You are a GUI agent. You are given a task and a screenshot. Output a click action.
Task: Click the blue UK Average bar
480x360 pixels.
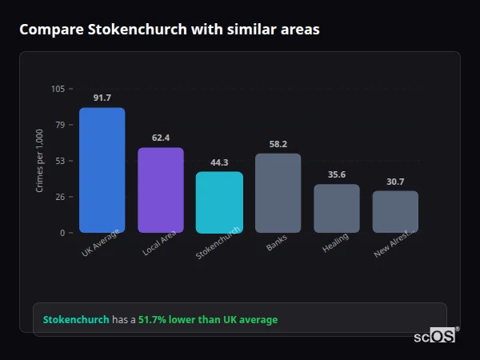(102, 170)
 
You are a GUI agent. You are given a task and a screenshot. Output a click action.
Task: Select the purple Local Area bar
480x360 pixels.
(160, 190)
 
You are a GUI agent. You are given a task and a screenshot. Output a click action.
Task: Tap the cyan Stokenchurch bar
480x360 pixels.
(219, 202)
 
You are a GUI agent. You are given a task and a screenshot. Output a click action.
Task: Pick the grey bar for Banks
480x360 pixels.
(278, 193)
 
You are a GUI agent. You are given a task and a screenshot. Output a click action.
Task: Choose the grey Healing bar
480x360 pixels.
(336, 208)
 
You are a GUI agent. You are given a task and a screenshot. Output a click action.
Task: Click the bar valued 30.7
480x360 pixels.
(395, 211)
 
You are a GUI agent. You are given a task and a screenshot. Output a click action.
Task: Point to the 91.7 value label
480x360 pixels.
(102, 98)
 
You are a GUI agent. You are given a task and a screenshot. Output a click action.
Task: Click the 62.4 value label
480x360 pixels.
(160, 138)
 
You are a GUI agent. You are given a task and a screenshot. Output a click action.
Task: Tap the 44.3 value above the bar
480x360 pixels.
(219, 162)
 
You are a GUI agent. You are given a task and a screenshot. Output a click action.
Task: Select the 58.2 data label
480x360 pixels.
(278, 144)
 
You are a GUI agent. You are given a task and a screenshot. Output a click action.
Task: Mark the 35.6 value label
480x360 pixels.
(336, 174)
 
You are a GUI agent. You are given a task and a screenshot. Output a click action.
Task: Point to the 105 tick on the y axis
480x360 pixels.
(58, 89)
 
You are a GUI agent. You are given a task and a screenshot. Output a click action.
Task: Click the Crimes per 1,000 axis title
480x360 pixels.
(40, 160)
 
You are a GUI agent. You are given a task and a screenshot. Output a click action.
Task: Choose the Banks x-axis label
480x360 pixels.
(276, 243)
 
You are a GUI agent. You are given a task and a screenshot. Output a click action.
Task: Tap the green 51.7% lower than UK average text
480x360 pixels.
(208, 320)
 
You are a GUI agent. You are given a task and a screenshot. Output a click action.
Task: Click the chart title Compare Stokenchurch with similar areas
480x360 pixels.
(169, 30)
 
